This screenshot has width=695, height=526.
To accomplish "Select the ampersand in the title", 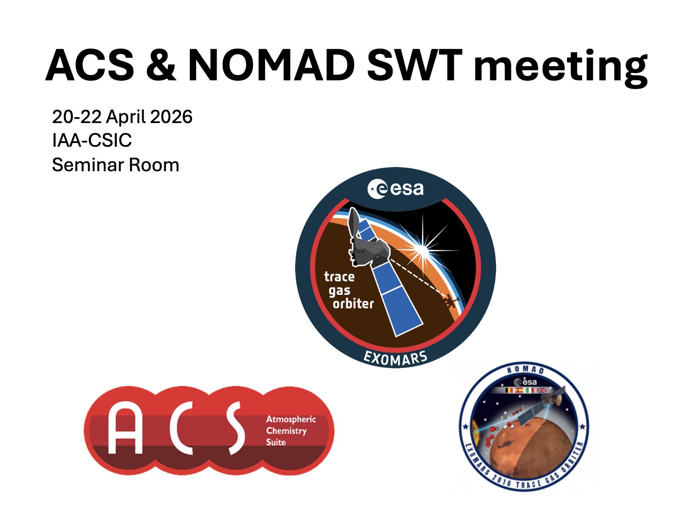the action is point(161,65).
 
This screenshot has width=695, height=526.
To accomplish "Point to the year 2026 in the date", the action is point(171,117).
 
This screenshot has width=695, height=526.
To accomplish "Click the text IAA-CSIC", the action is point(92,140).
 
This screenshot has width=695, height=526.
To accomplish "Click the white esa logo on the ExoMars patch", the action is point(395,189).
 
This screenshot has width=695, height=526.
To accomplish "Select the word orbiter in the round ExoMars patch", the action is point(353,304).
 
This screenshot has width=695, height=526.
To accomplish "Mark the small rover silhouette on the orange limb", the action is point(451,301).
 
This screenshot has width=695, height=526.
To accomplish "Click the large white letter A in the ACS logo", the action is point(125,427).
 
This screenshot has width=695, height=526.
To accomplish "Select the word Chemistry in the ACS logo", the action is point(286,431).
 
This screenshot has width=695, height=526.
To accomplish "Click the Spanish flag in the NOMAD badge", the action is point(520,390).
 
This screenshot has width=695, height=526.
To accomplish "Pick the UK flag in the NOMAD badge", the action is point(542,390).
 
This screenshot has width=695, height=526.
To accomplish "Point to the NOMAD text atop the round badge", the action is point(525,370).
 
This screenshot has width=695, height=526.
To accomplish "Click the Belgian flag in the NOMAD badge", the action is point(509,390).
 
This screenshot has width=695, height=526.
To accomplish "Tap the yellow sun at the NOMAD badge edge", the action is point(475,430).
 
